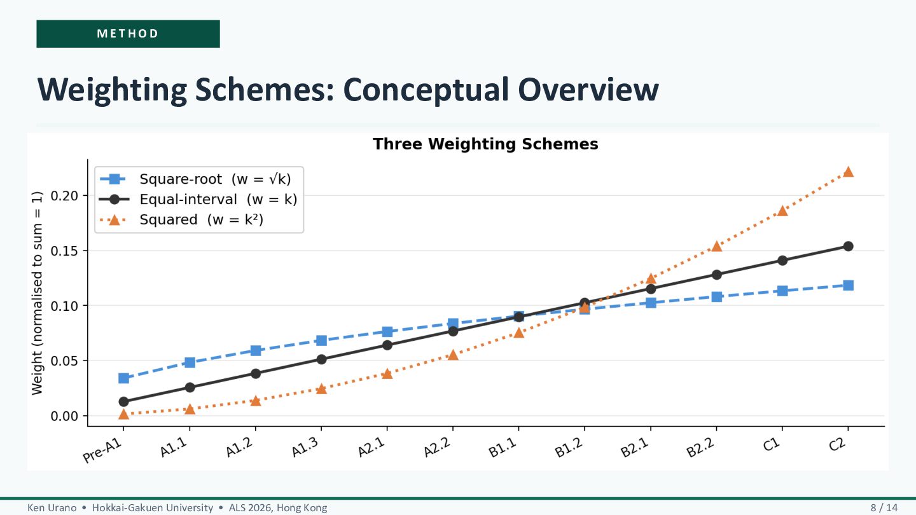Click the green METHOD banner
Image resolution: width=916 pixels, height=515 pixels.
coord(128,34)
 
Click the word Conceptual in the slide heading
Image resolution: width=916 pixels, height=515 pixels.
coord(426,90)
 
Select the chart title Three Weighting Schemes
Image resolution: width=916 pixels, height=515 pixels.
coord(485,144)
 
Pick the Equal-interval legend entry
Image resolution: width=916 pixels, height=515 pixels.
coord(198,200)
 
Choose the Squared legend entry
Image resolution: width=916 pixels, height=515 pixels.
coord(181,220)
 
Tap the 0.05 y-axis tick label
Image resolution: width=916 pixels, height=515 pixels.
coord(64,361)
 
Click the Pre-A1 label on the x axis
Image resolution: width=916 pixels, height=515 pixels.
coord(102,451)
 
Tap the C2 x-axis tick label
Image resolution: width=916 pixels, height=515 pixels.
coord(838,444)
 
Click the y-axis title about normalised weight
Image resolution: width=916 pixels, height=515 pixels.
coord(37,293)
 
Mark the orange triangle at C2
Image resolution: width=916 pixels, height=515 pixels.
coord(848,172)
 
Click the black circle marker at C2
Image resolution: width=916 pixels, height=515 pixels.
coord(848,246)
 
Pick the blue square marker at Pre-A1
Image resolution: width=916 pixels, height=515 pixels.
coord(123,378)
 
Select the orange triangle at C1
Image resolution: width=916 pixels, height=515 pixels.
coord(782,211)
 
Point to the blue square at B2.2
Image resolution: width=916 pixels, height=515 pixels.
coord(716,296)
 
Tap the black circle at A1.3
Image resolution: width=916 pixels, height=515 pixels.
coord(321,359)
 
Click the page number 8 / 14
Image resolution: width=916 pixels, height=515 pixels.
coord(884,507)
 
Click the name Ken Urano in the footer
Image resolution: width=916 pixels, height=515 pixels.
coord(52,507)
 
